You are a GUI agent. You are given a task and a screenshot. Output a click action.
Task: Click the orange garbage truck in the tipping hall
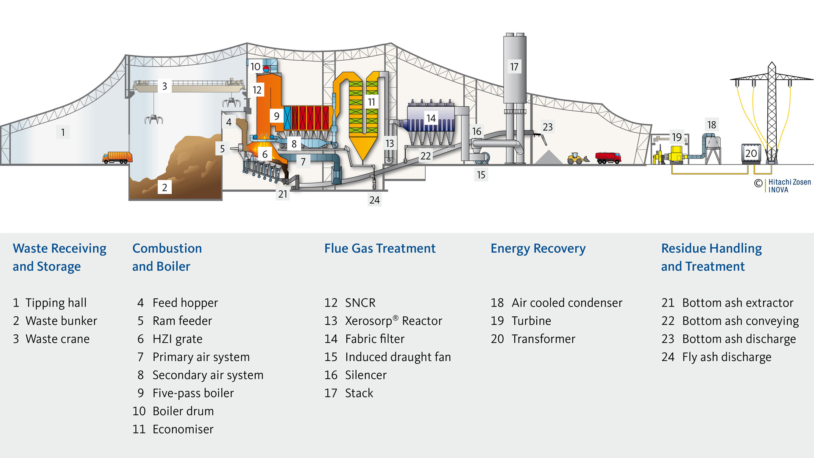click(x=117, y=157)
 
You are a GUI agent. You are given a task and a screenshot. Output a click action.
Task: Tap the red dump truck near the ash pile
click(x=608, y=158)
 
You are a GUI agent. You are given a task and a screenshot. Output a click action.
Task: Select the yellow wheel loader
click(x=577, y=159)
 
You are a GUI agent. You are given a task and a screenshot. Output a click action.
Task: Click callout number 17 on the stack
click(x=514, y=67)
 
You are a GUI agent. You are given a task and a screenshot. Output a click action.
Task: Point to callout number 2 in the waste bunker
click(x=164, y=187)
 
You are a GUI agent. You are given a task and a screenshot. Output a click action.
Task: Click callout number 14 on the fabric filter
click(x=431, y=118)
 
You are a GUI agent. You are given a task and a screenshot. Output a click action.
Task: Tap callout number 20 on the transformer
click(x=751, y=154)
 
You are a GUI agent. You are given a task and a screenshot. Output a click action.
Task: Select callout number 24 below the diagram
click(x=374, y=200)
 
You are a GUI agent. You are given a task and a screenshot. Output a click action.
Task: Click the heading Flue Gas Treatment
click(x=380, y=249)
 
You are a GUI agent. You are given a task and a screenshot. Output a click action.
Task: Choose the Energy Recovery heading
click(x=538, y=249)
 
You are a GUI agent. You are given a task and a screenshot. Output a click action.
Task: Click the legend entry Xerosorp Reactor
click(x=393, y=321)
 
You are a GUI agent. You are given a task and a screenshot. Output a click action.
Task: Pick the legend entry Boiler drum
click(x=183, y=411)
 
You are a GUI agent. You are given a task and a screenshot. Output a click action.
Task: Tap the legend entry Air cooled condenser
click(x=567, y=303)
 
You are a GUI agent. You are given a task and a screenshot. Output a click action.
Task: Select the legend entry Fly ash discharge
click(x=726, y=357)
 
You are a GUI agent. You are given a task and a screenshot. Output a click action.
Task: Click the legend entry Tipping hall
click(x=56, y=303)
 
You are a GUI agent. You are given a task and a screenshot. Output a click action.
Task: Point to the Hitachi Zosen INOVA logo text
click(x=789, y=186)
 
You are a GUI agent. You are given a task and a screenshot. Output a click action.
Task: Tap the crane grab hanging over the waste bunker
click(x=153, y=120)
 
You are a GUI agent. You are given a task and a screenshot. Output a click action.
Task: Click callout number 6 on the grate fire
click(x=265, y=154)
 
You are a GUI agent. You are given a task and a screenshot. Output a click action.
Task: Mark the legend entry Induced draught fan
click(x=398, y=357)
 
